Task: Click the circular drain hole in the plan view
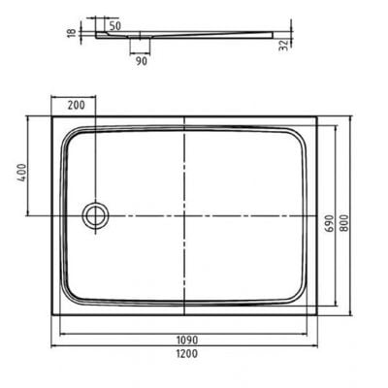[96, 214]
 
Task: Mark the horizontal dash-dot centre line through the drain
[242, 214]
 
